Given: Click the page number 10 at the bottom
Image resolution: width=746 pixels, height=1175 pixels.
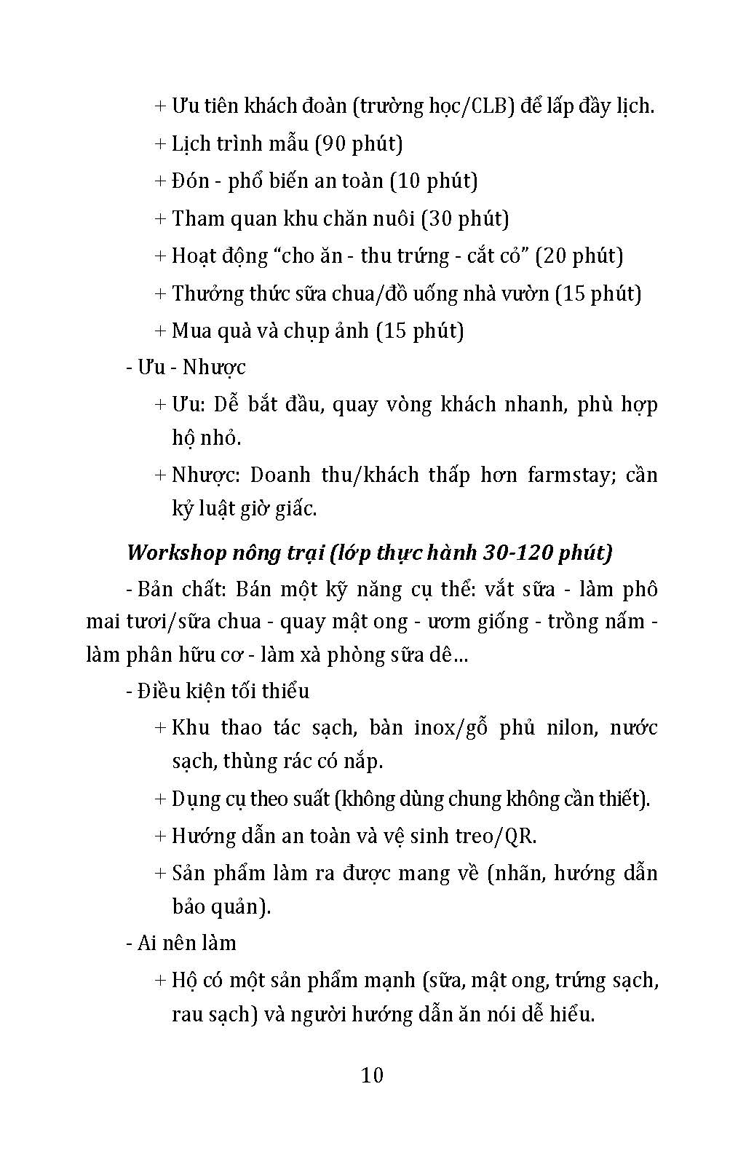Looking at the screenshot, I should (x=372, y=1075).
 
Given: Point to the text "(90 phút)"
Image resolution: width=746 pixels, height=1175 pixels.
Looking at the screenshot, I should (x=359, y=143).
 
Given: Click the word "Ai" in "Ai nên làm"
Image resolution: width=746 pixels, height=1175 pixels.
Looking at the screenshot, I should (x=146, y=943).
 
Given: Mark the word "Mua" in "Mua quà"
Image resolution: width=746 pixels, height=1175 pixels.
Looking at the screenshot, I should (x=191, y=331).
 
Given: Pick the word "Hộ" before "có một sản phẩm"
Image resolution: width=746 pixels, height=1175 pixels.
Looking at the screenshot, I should (x=184, y=981).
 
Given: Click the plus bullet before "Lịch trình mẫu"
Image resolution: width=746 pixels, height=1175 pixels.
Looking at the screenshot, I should (x=161, y=143).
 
